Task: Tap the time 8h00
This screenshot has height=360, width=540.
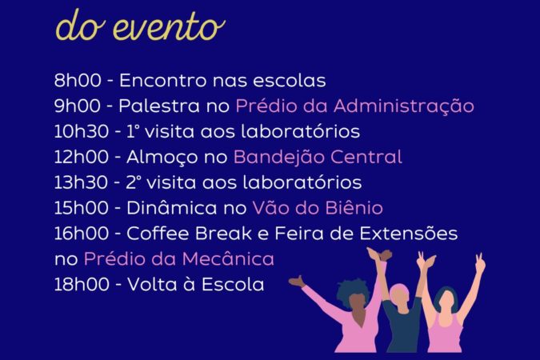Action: pyautogui.click(x=78, y=81)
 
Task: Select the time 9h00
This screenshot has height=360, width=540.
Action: pyautogui.click(x=78, y=106)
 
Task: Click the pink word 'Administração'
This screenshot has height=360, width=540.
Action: pyautogui.click(x=404, y=106)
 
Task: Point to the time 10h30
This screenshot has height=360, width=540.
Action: pyautogui.click(x=82, y=131)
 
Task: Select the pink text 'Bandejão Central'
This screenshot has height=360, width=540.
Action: pyautogui.click(x=318, y=158)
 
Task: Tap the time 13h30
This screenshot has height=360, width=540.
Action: pyautogui.click(x=82, y=182)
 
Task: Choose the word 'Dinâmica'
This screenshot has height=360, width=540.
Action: pyautogui.click(x=172, y=208)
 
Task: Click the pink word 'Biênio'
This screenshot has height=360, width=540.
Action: pyautogui.click(x=354, y=208)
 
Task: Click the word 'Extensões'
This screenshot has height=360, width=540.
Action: pyautogui.click(x=409, y=234)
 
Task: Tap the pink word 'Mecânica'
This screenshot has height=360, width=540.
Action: pyautogui.click(x=228, y=258)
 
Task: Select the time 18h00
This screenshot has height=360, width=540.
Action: pyautogui.click(x=82, y=285)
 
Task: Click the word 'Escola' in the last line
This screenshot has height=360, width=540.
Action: pyautogui.click(x=233, y=285)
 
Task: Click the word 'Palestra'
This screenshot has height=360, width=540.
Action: pyautogui.click(x=159, y=106)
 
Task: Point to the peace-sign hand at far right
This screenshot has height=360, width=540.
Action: pyautogui.click(x=480, y=262)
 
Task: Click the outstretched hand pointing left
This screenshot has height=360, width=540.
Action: pyautogui.click(x=298, y=281)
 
